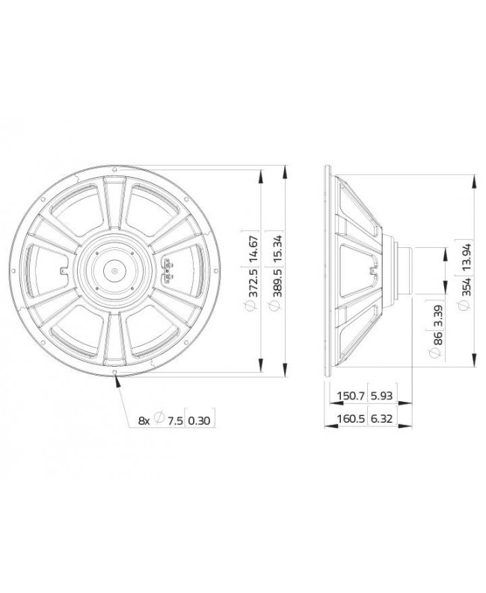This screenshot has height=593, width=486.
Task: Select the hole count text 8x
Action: (x=144, y=422)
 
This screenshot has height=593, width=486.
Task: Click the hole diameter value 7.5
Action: (x=174, y=422)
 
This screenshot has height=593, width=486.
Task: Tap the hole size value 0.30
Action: (x=200, y=422)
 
